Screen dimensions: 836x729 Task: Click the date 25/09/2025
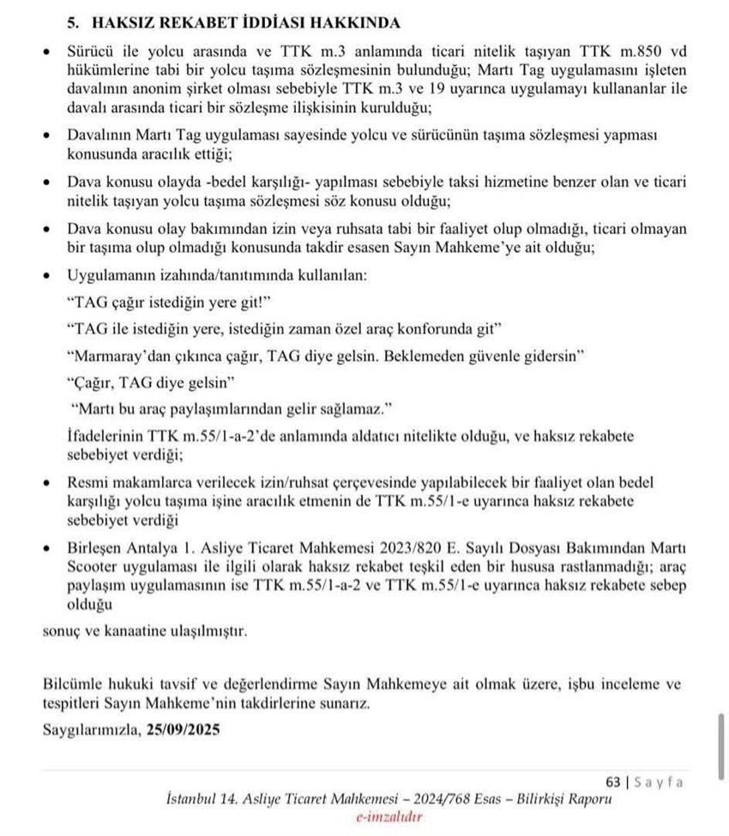[183, 730]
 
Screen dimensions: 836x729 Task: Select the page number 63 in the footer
[612, 781]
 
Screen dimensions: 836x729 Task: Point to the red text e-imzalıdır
[389, 816]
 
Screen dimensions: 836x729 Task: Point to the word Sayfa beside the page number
[660, 781]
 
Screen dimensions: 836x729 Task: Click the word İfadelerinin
[106, 436]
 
